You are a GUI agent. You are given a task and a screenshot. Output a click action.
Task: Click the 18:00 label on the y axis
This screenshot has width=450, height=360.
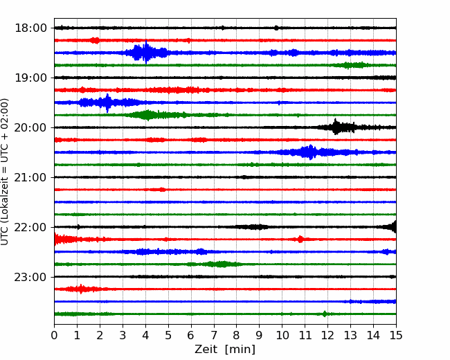click(x=30, y=28)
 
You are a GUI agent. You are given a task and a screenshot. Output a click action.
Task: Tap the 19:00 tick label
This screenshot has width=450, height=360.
click(x=30, y=78)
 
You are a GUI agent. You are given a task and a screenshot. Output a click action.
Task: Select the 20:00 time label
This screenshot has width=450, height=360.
click(x=30, y=127)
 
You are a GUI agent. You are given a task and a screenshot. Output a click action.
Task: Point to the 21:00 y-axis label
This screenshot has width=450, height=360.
click(x=30, y=177)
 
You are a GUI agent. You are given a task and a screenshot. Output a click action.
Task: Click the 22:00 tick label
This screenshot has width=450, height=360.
click(x=30, y=227)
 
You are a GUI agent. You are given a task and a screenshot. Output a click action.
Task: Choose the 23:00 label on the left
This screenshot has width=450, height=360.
click(x=30, y=277)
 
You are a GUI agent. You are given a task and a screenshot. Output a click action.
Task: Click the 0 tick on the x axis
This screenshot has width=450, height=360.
click(x=54, y=335)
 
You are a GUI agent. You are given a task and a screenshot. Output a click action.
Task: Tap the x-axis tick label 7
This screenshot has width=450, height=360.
click(x=214, y=335)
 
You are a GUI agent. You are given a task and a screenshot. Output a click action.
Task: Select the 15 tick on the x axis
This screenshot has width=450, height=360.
click(x=396, y=335)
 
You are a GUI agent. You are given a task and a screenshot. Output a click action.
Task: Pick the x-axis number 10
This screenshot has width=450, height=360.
click(x=282, y=335)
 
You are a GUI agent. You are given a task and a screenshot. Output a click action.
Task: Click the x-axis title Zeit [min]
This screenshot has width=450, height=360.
click(x=225, y=350)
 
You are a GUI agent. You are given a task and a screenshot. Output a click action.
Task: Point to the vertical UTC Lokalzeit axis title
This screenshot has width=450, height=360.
click(x=5, y=172)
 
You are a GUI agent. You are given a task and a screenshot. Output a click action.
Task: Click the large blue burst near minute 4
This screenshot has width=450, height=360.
click(x=146, y=52)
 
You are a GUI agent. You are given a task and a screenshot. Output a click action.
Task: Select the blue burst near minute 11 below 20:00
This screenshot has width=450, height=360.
click(x=310, y=152)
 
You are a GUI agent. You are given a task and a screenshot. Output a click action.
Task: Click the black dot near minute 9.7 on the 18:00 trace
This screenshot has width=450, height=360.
click(x=276, y=28)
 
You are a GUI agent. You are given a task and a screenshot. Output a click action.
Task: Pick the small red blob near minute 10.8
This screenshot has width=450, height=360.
click(x=300, y=239)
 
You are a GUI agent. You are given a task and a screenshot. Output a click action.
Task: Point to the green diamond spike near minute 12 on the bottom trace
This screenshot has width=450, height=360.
click(x=325, y=314)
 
